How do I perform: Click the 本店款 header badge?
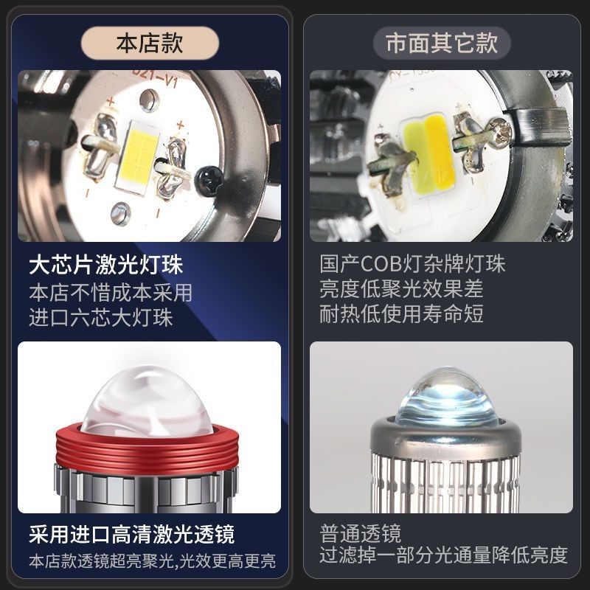coord(150,43)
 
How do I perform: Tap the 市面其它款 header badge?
coord(442,43)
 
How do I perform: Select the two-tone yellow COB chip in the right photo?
coord(428,152)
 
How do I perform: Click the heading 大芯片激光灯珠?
coord(106,265)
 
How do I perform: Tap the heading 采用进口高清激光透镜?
coord(132,534)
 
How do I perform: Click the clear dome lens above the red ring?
coord(147,400)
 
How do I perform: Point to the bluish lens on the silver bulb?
coord(446,399)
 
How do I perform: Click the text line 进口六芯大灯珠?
coord(101,317)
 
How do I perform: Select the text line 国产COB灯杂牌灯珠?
coord(412,264)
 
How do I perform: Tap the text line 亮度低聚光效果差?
coord(401,288)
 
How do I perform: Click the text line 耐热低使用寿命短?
coord(401,313)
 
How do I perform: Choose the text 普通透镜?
coord(361,533)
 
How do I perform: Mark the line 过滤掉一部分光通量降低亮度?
coord(444,555)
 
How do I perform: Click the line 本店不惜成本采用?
coord(111,292)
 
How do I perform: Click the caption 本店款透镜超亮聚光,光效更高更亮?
coord(153,561)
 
